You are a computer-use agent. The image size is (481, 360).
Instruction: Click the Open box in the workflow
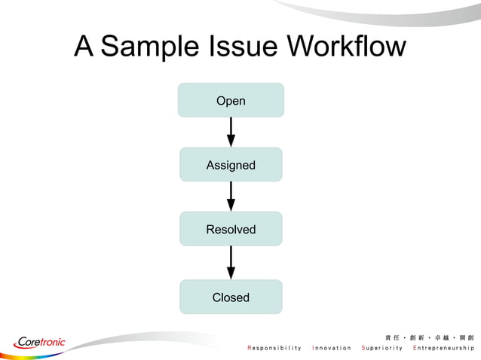click(x=231, y=100)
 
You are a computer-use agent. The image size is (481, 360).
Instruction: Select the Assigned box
click(x=231, y=165)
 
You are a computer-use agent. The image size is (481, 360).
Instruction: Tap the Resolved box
click(x=231, y=229)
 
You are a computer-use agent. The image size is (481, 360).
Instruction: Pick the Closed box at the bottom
click(x=231, y=297)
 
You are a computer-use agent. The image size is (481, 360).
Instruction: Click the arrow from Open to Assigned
click(x=231, y=132)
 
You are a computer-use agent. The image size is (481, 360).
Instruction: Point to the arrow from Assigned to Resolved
click(x=231, y=196)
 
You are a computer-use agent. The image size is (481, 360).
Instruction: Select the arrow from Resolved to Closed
click(x=231, y=262)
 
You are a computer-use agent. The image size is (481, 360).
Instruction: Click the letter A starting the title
click(x=84, y=47)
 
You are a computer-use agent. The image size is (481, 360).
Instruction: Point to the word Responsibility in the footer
click(x=274, y=348)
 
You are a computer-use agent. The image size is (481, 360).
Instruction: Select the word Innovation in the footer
click(x=332, y=348)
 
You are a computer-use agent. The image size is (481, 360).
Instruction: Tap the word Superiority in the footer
click(x=382, y=348)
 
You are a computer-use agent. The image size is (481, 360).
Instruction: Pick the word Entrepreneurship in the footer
click(x=443, y=348)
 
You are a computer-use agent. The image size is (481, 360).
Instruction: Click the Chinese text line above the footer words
click(x=429, y=336)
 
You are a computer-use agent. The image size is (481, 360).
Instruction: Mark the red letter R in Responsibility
click(x=250, y=348)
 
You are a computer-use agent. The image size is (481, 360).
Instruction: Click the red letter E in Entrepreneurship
click(x=415, y=348)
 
